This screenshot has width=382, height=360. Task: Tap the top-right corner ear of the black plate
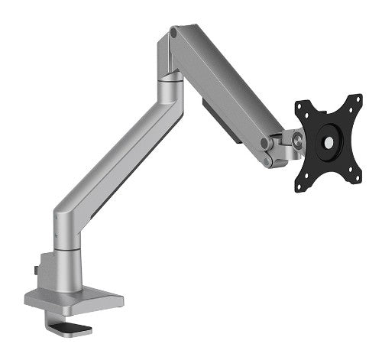(357, 100)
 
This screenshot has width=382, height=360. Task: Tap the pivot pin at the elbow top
(175, 33)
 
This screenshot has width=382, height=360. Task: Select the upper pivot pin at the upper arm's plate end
(264, 143)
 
